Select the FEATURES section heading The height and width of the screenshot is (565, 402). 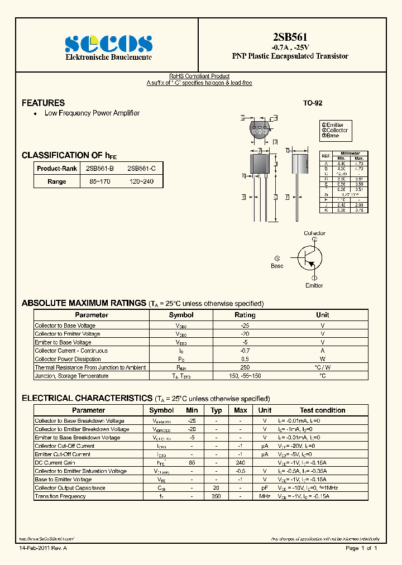coord(43,103)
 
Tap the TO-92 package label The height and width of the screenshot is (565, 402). coord(313,103)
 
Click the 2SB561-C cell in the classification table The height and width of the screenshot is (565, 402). coord(141,168)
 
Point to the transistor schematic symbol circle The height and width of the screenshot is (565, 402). coord(310,257)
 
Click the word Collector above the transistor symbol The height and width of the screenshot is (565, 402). coord(314,233)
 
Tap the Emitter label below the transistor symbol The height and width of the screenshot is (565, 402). coord(314,285)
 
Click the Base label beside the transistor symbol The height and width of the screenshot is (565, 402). coord(277,266)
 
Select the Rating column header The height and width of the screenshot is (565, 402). coord(245,315)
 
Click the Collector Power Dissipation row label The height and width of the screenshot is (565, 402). coord(68,359)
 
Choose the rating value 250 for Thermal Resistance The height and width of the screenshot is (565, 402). coord(245,367)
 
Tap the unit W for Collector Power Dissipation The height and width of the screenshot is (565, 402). coord(322,359)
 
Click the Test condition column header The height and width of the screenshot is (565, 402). coord(322,410)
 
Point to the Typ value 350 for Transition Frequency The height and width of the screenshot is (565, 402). coord(217,496)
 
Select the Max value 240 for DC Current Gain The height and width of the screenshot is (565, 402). coord(241,462)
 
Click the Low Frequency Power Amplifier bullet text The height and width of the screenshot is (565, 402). coord(92,113)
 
